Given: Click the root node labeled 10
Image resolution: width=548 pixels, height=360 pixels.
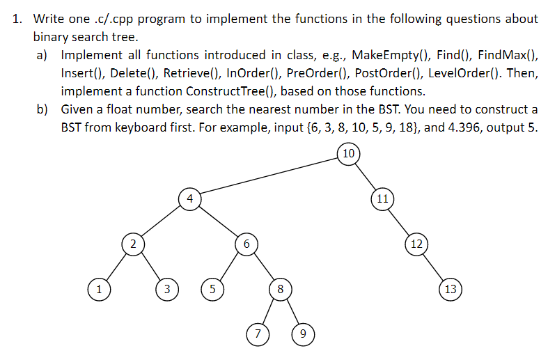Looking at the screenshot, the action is pos(349,153).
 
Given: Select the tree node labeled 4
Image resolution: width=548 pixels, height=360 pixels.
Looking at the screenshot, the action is pos(189,198).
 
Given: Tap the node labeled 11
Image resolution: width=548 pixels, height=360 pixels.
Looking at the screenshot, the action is pos(382,198).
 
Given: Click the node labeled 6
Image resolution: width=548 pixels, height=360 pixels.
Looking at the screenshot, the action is pos(246,244).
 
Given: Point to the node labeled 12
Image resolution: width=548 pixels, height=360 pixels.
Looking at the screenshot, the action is pos(416,244).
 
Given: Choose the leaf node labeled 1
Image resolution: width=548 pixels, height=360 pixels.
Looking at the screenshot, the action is pos(99,289).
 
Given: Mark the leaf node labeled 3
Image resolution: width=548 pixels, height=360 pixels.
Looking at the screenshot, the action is pos(166,289).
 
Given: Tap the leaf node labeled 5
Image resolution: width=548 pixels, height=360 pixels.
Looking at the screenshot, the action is pos(212,289).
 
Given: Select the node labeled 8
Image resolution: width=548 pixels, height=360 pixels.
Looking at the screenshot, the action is pos(280,289).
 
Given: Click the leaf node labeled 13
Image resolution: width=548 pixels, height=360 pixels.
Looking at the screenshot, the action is pos(450,289).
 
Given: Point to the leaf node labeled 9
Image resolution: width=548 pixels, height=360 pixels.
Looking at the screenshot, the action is pos(302,334).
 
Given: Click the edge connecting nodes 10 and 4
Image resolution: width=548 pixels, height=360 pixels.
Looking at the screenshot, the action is pos(269,176).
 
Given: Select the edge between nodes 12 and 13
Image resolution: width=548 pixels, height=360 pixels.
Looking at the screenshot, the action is pos(433,266).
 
